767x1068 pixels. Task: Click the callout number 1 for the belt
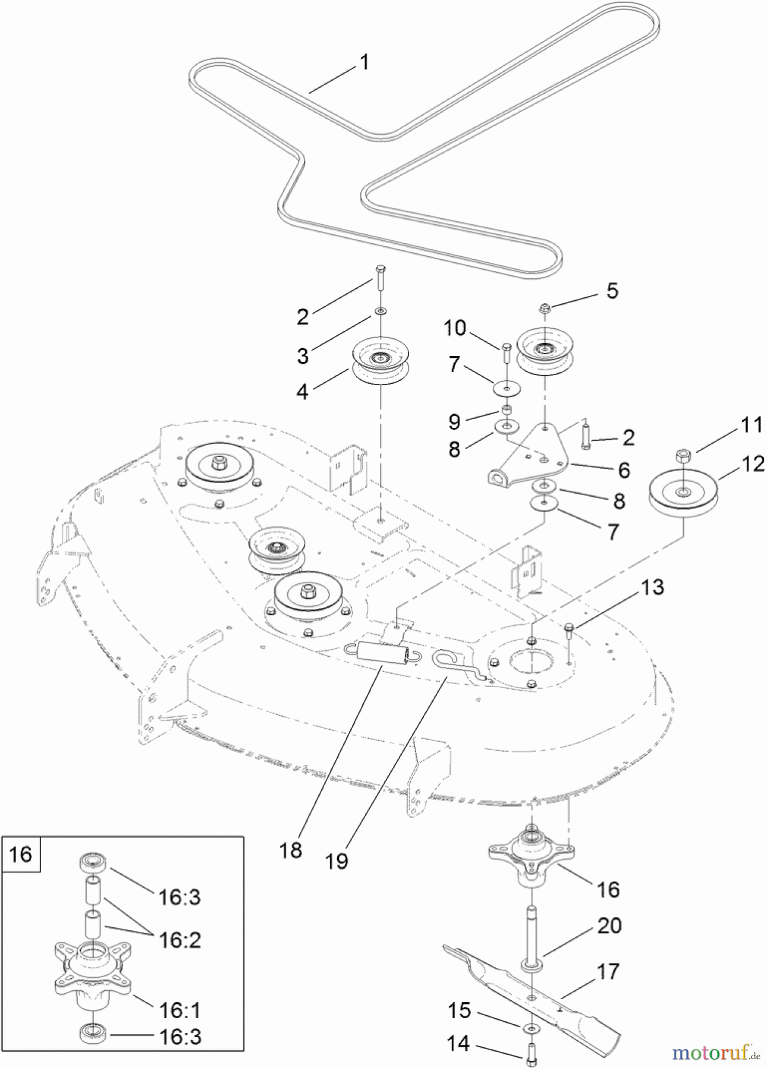(x=365, y=62)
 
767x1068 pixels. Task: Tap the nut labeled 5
(x=543, y=308)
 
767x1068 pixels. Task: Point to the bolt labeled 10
(x=506, y=354)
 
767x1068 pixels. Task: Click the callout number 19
(x=337, y=861)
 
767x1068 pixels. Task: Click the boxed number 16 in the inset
(x=21, y=854)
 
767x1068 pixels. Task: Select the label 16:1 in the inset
(x=180, y=1009)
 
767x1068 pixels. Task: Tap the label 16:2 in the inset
(x=180, y=940)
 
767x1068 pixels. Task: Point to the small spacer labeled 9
(x=507, y=410)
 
